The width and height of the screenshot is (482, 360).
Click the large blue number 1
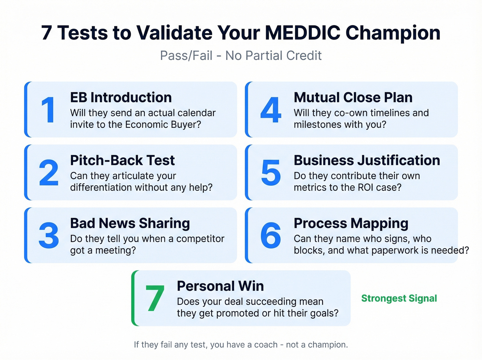pos(49,110)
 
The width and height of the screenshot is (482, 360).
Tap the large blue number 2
pos(49,173)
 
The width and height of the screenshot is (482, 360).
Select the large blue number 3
pos(49,236)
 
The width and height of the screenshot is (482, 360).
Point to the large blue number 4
pos(271,110)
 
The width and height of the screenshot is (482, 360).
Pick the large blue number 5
pos(271,173)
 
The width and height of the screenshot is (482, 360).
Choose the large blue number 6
pos(271,236)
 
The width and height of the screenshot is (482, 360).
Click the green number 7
pos(155,299)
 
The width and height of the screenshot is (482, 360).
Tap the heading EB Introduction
pos(121,97)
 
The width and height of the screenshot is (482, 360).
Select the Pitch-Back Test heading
pos(122,161)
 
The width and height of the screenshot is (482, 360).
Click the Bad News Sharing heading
pos(130,223)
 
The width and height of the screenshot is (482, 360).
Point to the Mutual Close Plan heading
pos(353,97)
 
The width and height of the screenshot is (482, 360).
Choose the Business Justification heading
pos(367,161)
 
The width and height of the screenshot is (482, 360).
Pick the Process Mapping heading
pos(351,223)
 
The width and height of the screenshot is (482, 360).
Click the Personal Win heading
pos(220,286)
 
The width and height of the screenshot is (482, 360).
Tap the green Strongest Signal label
pos(399,298)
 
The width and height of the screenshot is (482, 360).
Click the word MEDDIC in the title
pos(303,33)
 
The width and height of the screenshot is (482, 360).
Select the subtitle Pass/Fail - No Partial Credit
pos(241,55)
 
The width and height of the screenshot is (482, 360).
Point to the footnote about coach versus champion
pos(241,344)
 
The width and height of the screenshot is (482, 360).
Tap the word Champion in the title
pos(393,33)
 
